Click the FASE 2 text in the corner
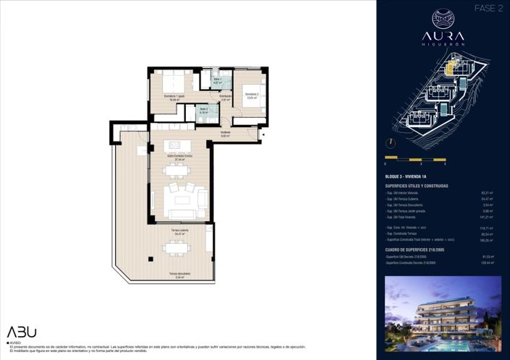[x=488, y=9]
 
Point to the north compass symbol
[x=391, y=143]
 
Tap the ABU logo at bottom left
[x=22, y=332]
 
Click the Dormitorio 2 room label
[x=251, y=94]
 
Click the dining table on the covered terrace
[x=176, y=248]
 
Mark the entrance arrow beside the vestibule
[x=263, y=134]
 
